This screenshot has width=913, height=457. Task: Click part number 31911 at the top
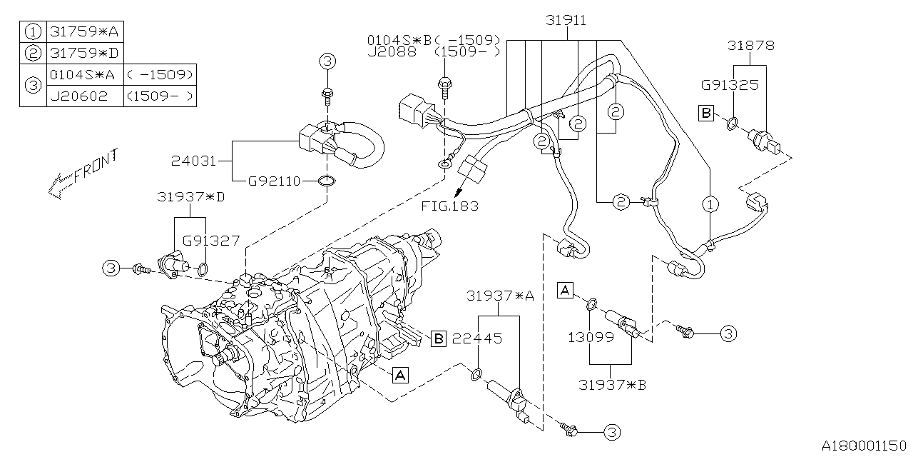[566, 21]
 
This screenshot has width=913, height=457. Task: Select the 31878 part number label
[750, 46]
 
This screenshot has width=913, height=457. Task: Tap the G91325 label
[728, 85]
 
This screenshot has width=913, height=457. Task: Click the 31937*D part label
[190, 197]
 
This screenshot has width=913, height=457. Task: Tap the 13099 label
[591, 337]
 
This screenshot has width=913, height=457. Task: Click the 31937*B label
[612, 385]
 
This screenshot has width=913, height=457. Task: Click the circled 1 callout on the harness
[710, 205]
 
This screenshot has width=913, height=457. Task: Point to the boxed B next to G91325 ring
[706, 113]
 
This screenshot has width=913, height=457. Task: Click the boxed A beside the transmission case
[400, 374]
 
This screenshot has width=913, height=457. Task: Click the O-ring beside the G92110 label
[325, 181]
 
